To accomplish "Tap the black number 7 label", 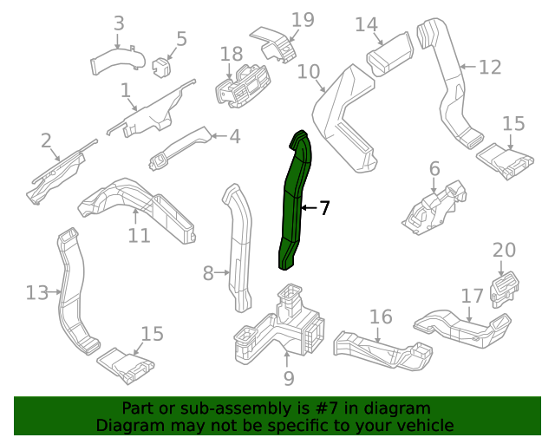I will tap(324, 208).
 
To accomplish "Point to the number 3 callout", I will tap(119, 23).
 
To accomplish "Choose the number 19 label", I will tap(302, 20).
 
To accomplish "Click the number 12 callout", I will tap(490, 67).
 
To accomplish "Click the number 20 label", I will tap(504, 251).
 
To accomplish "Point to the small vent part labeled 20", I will tap(504, 289).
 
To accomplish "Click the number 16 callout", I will tap(381, 317).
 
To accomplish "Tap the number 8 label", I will tap(208, 274).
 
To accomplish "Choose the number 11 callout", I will tap(140, 235).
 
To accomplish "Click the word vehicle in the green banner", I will tap(423, 426).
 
